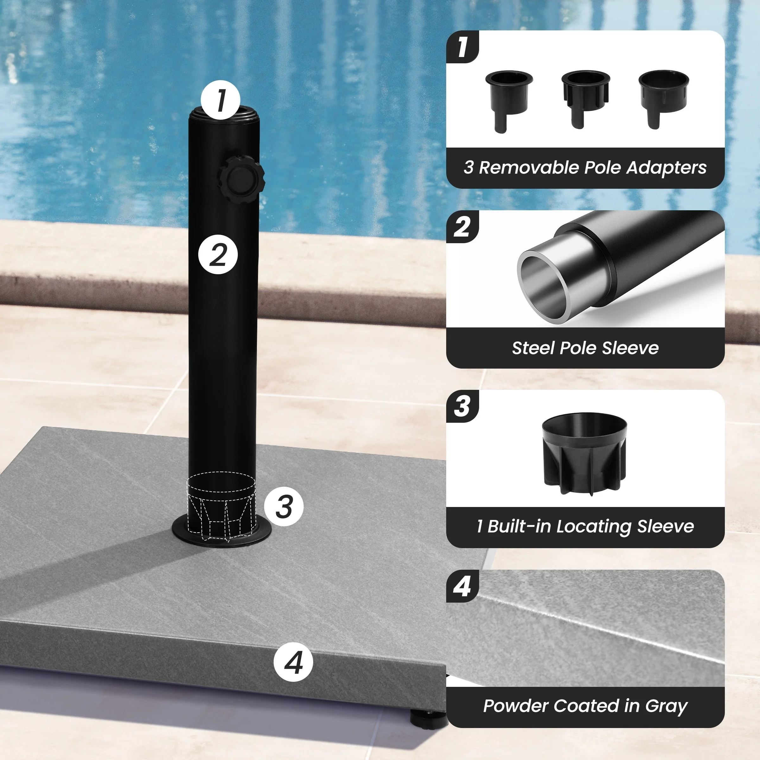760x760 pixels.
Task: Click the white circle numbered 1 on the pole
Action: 220,100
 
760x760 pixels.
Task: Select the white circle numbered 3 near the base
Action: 284,506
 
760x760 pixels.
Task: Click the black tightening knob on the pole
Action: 241,179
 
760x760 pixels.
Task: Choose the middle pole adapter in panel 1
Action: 585,99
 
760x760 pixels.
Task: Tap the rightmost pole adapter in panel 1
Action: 663,99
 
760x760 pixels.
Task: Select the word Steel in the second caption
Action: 533,348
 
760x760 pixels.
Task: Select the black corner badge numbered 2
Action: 463,227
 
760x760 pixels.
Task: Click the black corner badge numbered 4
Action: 463,586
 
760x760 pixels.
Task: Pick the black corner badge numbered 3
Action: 463,406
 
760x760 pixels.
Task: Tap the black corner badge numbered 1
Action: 463,47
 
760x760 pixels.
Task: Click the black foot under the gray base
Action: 429,719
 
